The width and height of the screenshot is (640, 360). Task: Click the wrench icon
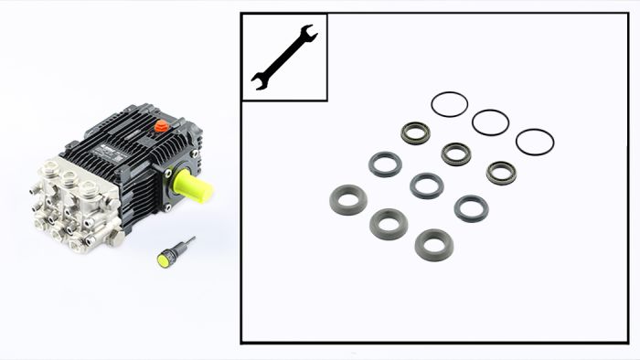point(283,57)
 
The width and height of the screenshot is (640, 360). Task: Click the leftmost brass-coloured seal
point(416,134)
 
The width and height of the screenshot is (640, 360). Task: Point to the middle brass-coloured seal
point(455,154)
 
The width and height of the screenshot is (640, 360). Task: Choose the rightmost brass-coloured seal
point(501,173)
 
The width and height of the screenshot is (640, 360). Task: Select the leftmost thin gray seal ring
point(385,164)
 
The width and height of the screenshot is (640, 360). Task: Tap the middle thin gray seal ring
point(426,185)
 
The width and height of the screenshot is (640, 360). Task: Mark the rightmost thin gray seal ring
point(471,208)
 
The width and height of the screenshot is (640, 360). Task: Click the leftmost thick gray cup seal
point(347,198)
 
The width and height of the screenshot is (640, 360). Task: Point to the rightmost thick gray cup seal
point(433,244)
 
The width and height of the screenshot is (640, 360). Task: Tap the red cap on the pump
point(161,126)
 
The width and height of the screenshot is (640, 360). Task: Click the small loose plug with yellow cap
point(166,258)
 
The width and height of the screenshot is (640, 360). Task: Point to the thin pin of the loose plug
point(187,243)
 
